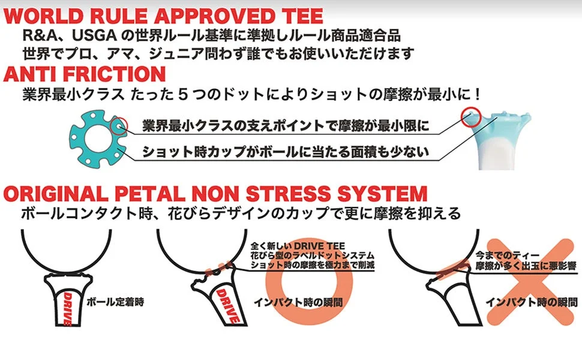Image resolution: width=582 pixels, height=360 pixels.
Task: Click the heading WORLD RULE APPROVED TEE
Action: pos(163,14)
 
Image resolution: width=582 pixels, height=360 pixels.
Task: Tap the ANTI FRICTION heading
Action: pos(85,74)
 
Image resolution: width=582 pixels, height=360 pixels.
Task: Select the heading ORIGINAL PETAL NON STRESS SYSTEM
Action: pos(215,194)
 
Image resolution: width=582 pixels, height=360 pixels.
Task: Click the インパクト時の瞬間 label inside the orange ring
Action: pos(298,301)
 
